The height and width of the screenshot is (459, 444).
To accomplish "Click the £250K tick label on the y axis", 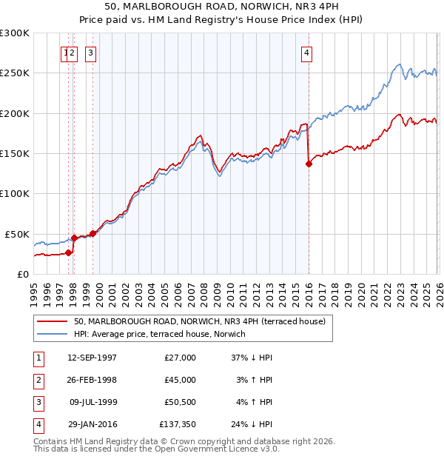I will coord(15,73).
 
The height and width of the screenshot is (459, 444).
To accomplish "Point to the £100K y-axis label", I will coord(15,193).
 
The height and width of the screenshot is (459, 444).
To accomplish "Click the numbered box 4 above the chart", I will coord(306,53).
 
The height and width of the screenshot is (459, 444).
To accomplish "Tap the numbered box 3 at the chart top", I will coord(90,53).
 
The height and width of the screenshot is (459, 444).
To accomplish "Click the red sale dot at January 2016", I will coord(309,164).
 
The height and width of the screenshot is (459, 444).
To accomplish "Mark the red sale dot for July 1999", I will coord(92,233).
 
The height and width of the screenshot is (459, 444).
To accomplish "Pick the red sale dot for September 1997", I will coord(69,252).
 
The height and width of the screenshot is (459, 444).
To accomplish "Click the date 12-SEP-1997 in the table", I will coord(92,358).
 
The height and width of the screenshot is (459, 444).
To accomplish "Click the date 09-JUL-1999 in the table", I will coord(92,402).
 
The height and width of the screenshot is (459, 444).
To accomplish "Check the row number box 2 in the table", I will coord(38,380).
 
